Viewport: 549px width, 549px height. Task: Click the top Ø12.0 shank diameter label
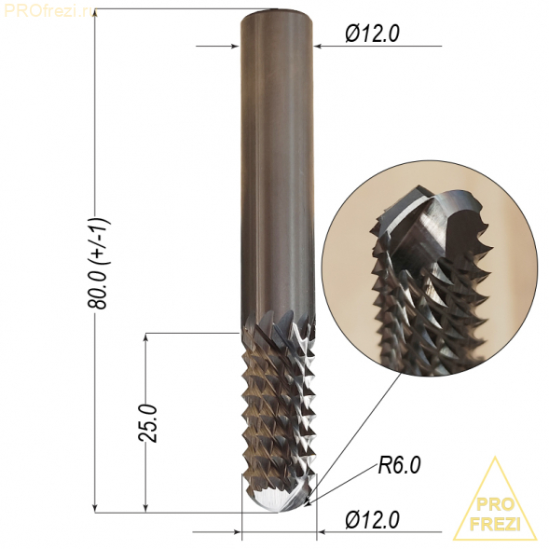click(372, 34)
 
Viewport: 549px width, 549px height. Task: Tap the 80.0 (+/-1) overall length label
click(98, 263)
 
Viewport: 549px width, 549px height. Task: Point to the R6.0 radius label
click(399, 466)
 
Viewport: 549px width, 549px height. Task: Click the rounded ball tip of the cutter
click(279, 496)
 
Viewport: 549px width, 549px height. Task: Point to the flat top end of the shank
click(276, 14)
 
